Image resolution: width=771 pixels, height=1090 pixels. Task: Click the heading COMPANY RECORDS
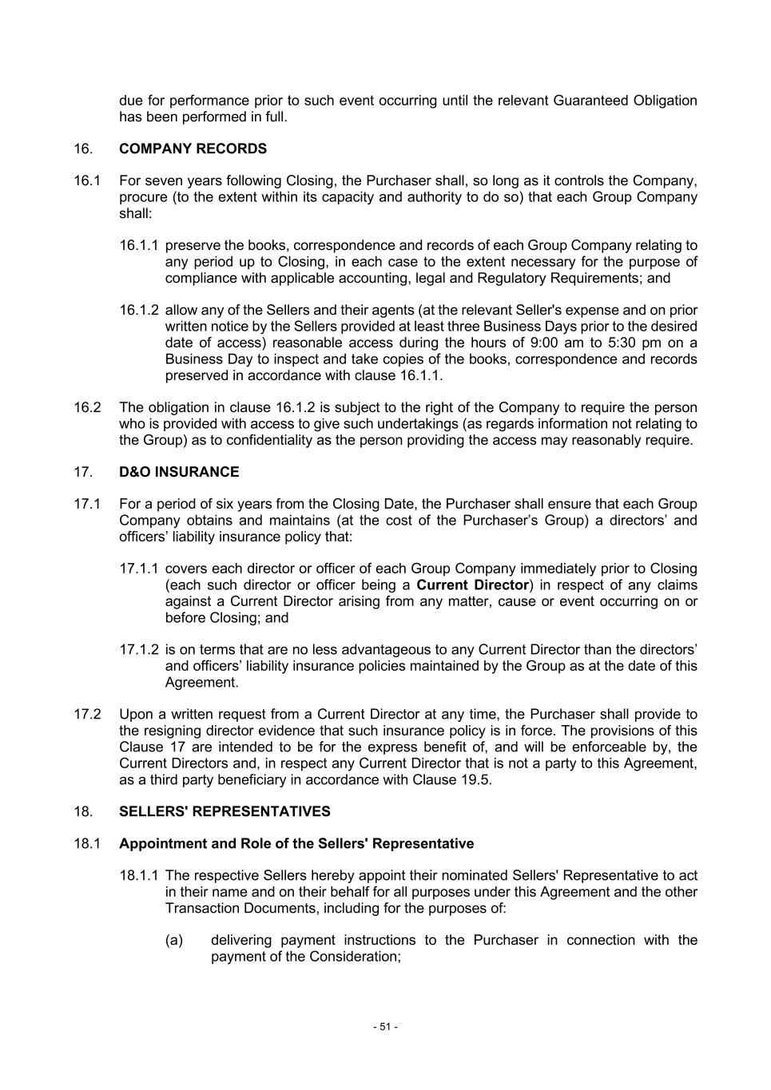[193, 149]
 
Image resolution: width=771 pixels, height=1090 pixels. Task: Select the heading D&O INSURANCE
[179, 472]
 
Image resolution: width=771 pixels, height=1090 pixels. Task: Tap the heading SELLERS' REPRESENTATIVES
[225, 811]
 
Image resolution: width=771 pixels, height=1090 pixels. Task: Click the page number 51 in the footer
[385, 1027]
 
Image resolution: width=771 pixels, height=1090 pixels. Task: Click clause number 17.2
[87, 714]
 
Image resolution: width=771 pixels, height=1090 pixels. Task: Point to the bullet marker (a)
[174, 940]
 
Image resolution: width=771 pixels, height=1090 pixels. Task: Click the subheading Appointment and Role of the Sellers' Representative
[296, 843]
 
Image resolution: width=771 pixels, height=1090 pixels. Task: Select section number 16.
[83, 149]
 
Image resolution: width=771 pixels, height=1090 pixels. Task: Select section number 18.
[83, 811]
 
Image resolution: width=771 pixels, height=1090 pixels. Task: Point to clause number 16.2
[87, 407]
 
